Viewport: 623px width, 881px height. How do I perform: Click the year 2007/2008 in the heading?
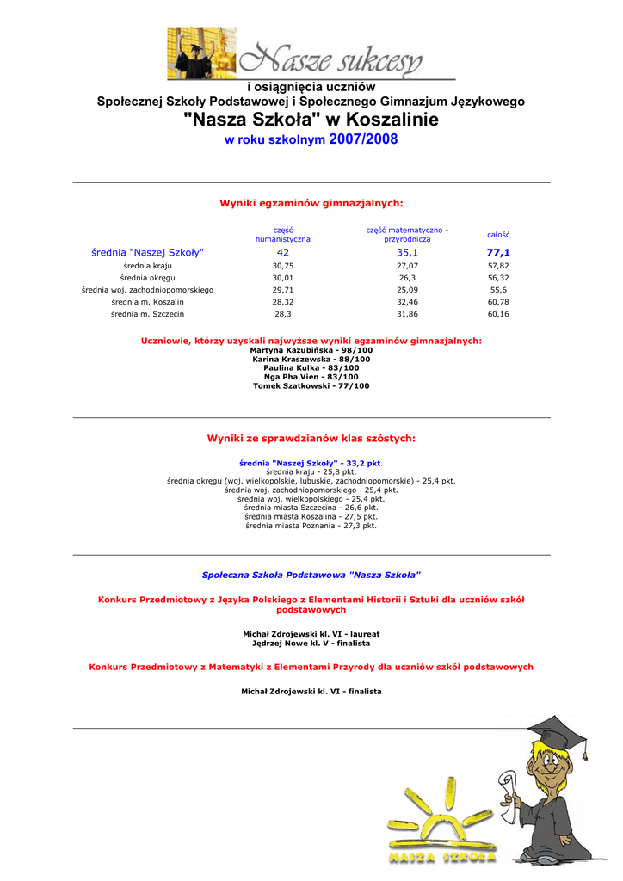coord(363,139)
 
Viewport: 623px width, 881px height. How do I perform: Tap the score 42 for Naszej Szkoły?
coord(283,253)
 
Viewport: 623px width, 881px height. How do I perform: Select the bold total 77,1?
coord(498,253)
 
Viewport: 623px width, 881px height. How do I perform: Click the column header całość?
coord(498,235)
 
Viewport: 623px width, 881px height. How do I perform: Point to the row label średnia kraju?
coord(147,267)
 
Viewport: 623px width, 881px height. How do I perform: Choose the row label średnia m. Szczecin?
coord(147,315)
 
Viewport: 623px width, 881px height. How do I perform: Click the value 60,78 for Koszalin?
coord(498,303)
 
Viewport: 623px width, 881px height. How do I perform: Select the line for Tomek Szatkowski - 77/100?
coord(311,386)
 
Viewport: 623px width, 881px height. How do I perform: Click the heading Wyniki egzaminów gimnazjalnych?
coord(311,203)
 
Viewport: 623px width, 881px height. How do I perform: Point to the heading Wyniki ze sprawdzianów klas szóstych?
coord(311,439)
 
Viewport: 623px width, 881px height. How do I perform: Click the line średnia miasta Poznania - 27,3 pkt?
coord(311,526)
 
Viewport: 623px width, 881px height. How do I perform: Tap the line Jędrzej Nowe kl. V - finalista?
coord(311,644)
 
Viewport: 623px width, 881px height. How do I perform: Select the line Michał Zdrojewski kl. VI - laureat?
coord(311,634)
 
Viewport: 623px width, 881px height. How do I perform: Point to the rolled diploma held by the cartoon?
coord(507,787)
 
